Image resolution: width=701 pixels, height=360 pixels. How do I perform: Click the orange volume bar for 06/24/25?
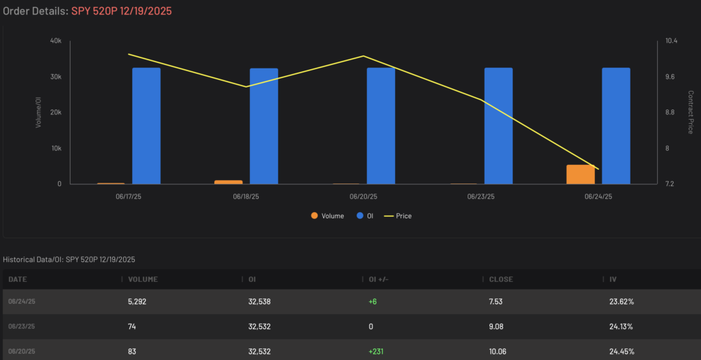[581, 175]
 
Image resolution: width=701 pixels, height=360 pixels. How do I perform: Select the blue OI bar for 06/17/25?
[146, 126]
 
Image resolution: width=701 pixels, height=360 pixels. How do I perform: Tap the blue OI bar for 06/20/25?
[381, 126]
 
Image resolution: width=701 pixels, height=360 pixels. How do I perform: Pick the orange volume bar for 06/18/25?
[228, 182]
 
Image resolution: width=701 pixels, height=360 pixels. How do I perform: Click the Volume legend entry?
[328, 216]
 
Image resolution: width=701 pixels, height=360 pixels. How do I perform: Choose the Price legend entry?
[398, 216]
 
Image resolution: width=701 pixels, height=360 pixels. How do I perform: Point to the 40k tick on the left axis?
[56, 40]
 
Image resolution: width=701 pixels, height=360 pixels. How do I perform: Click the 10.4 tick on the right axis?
[672, 40]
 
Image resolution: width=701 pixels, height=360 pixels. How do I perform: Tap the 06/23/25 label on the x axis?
[480, 196]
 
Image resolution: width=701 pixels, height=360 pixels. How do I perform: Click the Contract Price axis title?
[691, 112]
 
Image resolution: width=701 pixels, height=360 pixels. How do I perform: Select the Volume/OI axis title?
[38, 112]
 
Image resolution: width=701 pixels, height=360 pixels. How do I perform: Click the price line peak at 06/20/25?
[364, 56]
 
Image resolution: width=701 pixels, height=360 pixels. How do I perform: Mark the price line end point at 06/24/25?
[598, 169]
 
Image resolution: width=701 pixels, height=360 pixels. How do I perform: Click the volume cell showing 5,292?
[137, 301]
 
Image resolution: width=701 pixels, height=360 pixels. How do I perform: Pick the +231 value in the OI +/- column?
[376, 352]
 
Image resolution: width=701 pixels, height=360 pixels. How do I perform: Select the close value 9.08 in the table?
[496, 326]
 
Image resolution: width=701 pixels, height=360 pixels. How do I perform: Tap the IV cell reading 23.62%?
[622, 301]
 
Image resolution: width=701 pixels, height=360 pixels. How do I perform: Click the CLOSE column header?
[500, 279]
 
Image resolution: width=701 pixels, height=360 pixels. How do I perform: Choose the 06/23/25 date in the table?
[22, 326]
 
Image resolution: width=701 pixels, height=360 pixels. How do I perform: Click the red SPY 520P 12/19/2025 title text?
[121, 11]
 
